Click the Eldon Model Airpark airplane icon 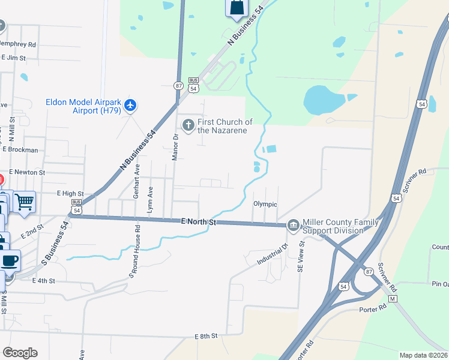[130, 106]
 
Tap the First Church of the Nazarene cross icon [188, 125]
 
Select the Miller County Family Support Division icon [293, 226]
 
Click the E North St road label [198, 222]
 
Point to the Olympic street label [265, 204]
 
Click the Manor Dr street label [176, 146]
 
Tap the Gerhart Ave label [136, 181]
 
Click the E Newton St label [27, 172]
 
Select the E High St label [70, 194]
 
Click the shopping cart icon [25, 202]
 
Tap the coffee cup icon [10, 261]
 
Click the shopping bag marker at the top [237, 7]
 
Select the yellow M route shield [393, 298]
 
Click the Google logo [20, 353]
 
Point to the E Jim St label [14, 58]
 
